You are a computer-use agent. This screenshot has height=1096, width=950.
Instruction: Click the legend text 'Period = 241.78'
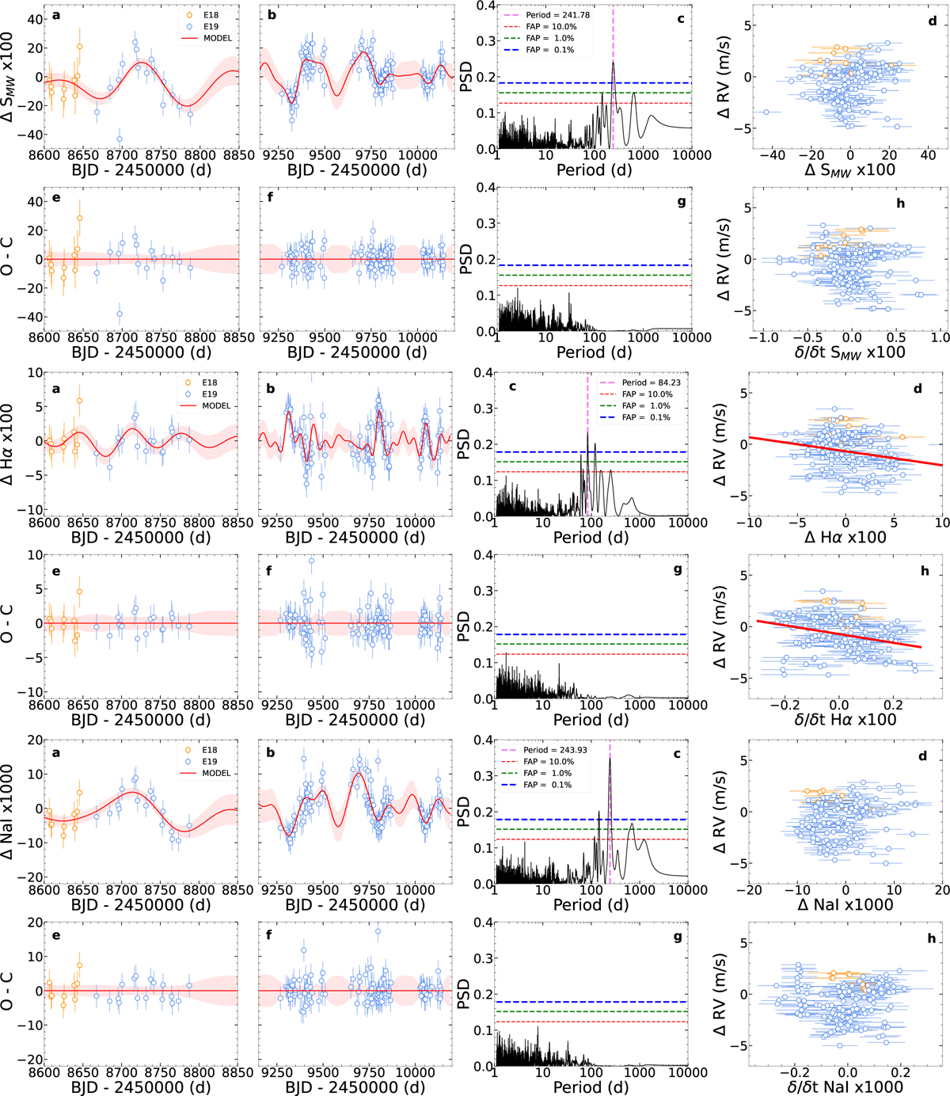557,15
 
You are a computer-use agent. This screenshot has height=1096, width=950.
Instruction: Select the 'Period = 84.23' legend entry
651,382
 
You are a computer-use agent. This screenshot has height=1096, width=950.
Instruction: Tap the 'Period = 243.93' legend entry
555,750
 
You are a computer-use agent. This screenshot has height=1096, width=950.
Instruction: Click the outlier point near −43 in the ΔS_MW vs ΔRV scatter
766,112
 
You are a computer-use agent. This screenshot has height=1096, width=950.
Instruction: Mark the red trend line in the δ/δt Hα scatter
839,634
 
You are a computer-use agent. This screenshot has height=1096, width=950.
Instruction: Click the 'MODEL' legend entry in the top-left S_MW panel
217,38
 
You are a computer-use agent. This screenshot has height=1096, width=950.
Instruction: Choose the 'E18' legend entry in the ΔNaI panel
209,750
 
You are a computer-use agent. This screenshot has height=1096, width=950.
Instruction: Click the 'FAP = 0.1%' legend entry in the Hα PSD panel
645,417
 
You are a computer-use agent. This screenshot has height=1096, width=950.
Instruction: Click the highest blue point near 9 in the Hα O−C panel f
312,561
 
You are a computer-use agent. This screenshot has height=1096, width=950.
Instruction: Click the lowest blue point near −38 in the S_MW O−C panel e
120,314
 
